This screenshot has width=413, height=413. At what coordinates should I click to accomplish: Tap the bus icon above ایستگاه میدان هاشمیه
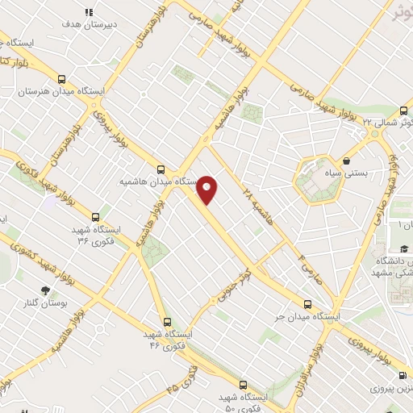161,169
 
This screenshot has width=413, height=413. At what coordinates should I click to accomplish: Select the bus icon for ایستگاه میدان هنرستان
63,79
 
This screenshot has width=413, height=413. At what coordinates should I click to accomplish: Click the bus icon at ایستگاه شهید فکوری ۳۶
96,216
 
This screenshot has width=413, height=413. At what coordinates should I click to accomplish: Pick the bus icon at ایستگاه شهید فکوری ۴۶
167,321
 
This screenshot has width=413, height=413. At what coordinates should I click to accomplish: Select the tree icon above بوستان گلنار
44,290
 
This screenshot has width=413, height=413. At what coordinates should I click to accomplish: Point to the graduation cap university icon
403,248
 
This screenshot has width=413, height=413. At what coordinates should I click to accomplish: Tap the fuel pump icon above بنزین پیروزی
402,375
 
